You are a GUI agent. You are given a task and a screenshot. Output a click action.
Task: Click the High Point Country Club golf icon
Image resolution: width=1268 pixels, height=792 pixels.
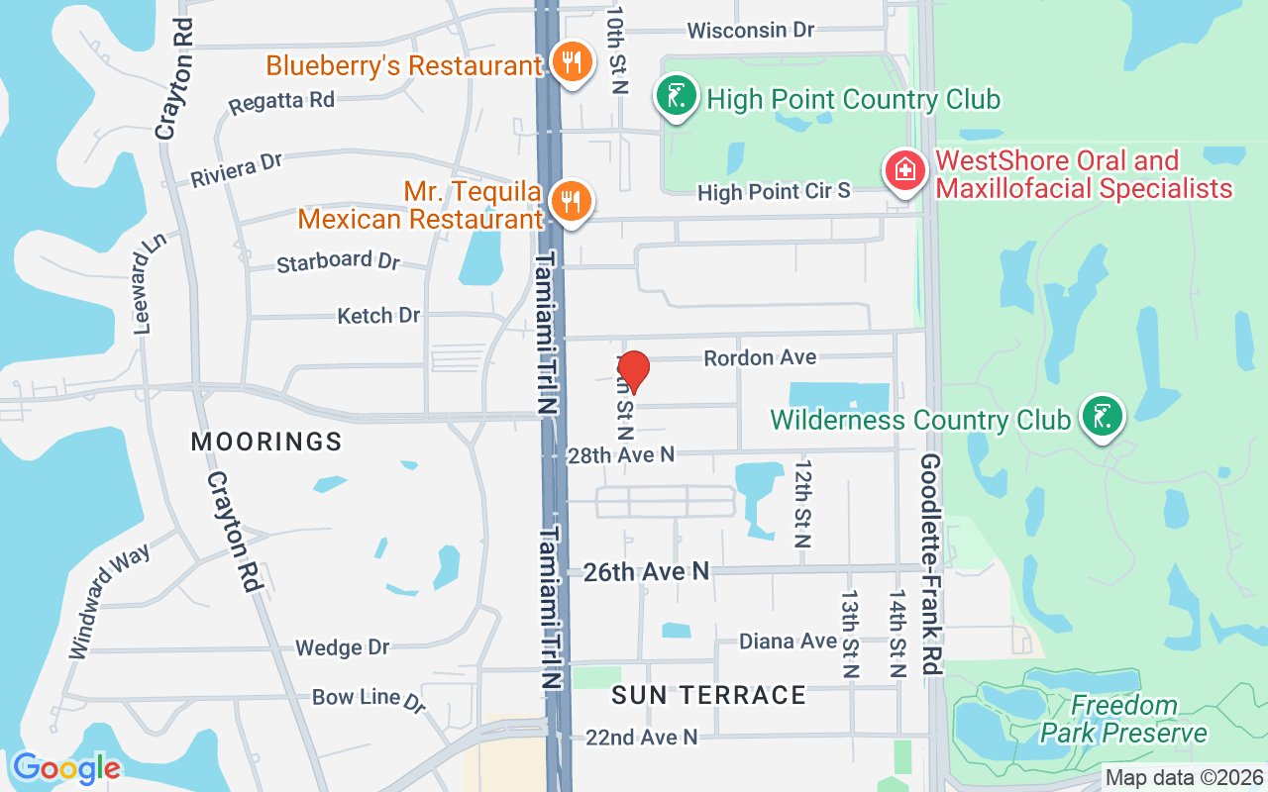click(676, 98)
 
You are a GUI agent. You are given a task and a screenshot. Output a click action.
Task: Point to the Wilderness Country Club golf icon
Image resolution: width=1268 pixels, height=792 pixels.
click(1102, 417)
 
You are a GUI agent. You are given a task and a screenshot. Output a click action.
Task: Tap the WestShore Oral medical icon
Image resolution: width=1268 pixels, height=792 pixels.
click(903, 172)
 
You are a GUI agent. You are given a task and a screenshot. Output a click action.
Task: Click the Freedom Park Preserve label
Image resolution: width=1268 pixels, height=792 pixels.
click(1124, 720)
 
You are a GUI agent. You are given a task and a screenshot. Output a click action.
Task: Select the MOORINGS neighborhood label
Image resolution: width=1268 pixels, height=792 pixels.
click(266, 442)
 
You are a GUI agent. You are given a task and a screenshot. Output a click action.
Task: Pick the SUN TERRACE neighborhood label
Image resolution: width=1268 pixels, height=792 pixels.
click(708, 695)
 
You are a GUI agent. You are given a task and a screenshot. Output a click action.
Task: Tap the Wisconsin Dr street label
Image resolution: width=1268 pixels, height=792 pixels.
click(751, 31)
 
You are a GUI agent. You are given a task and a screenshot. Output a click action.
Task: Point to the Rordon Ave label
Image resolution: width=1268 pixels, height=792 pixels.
click(760, 357)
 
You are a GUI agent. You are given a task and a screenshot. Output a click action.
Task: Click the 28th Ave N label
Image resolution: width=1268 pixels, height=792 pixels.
click(621, 454)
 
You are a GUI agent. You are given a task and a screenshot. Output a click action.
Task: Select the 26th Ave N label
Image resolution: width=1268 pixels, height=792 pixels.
click(646, 571)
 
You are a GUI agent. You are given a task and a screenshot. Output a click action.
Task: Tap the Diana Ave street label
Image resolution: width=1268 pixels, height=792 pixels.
click(789, 642)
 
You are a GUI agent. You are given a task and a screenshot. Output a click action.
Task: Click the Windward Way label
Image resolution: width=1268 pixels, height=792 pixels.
click(109, 601)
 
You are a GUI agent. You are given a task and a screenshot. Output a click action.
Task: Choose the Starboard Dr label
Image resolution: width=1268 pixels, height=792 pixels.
click(338, 262)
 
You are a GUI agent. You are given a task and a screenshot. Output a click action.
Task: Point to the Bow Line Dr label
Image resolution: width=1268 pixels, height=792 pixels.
click(369, 698)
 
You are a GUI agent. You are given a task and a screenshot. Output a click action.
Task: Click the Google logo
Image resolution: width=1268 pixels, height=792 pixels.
click(66, 768)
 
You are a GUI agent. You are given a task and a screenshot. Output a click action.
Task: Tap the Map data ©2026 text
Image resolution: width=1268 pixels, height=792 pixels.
click(1185, 777)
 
